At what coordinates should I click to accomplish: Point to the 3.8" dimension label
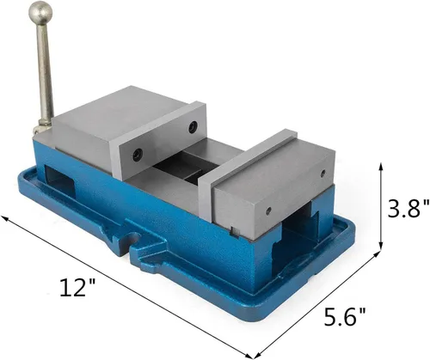(401, 208)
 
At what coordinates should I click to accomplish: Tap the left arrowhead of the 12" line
(6, 219)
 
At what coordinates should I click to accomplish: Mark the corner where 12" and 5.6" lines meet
(255, 355)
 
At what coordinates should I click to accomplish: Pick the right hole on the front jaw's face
(267, 210)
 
